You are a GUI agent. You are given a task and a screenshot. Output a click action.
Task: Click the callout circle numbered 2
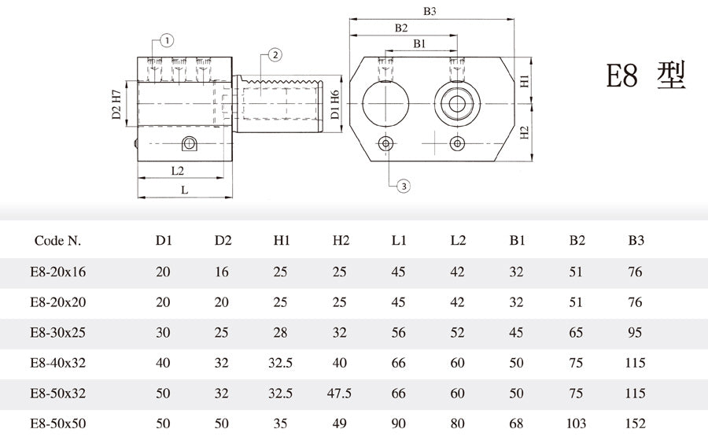[x=275, y=54]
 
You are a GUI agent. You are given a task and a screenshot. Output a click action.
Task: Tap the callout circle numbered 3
[x=403, y=186]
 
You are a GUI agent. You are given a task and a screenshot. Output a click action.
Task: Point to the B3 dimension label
[x=430, y=12]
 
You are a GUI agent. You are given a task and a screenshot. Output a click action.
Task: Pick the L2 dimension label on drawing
[x=177, y=170]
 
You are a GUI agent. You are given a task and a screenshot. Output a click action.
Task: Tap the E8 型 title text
[x=646, y=76]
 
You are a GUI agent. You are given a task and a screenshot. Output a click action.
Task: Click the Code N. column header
[x=57, y=240]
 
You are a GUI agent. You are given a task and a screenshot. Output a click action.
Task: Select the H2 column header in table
[x=341, y=240]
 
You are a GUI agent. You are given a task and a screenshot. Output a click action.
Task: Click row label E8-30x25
[x=57, y=332]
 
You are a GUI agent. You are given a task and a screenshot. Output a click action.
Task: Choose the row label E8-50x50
[x=57, y=423]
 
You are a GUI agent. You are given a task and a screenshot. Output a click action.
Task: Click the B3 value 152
[x=636, y=423]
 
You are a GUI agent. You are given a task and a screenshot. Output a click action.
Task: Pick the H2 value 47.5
[x=341, y=393]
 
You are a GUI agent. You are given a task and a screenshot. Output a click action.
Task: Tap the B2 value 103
[x=577, y=423]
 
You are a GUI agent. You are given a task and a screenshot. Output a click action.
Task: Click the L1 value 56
[x=398, y=332]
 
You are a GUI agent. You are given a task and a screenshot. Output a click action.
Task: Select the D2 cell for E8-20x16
[x=223, y=272]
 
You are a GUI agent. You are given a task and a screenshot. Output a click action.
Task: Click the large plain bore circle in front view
[x=385, y=103]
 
